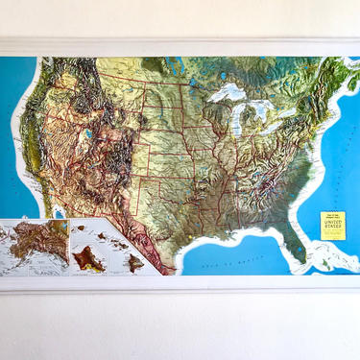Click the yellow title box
[x=332, y=225]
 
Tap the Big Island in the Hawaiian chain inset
[x=135, y=260]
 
